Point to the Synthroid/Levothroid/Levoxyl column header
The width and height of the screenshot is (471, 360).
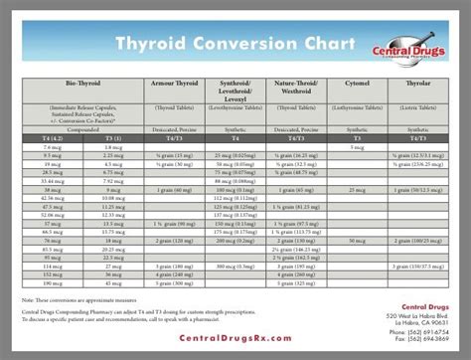[236, 91]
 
